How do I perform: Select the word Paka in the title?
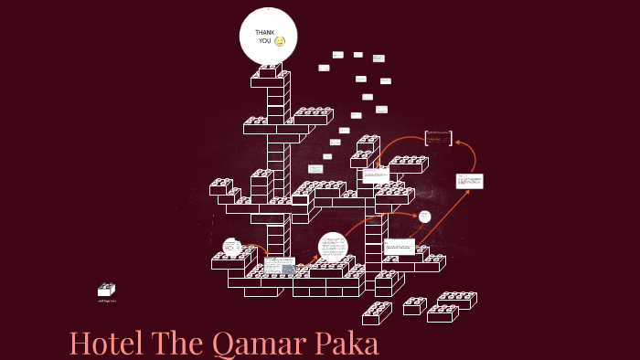click(347, 344)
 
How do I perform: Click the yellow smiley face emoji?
click(280, 41)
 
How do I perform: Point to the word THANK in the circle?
click(265, 33)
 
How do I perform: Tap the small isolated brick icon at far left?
click(107, 290)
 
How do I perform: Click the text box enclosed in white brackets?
click(439, 138)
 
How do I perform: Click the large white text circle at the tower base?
click(334, 247)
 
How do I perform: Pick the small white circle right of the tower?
click(424, 217)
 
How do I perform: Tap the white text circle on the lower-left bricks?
click(232, 247)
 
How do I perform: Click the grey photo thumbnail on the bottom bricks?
click(288, 269)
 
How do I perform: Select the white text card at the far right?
click(469, 181)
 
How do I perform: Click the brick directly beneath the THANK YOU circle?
click(269, 70)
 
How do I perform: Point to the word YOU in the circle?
click(265, 41)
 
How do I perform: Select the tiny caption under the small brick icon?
click(107, 301)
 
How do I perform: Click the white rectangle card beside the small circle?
click(399, 246)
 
